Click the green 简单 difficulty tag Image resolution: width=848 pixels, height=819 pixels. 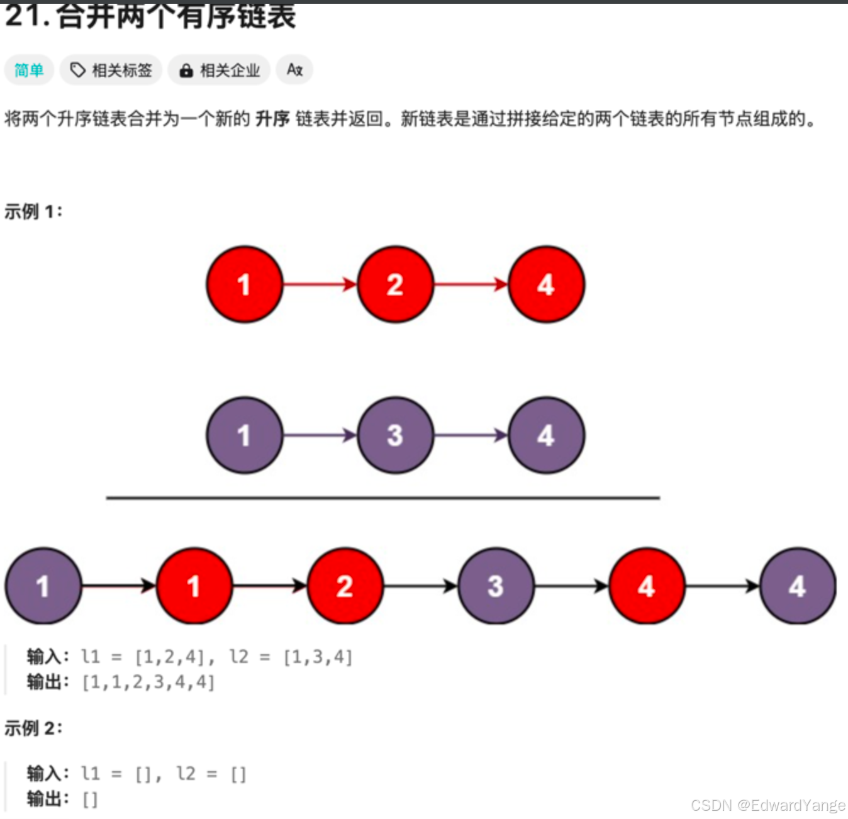[29, 70]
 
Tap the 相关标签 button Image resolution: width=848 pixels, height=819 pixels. [111, 70]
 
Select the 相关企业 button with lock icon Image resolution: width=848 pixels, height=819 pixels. [220, 70]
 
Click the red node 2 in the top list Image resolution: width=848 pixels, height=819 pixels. [395, 285]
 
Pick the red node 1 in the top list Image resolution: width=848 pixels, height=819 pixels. [244, 285]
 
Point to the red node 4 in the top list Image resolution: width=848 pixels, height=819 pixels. [546, 285]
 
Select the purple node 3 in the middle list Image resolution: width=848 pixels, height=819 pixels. [395, 435]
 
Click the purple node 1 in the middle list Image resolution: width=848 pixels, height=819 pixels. [244, 435]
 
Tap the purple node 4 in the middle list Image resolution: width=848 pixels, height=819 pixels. [546, 435]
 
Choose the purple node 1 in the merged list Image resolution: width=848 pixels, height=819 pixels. [43, 586]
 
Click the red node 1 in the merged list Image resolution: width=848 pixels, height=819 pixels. [194, 586]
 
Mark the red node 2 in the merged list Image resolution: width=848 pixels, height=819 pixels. [345, 586]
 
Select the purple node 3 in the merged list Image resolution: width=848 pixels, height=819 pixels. [496, 586]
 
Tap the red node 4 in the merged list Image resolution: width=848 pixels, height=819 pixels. [647, 586]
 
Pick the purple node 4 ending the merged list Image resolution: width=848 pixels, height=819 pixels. [798, 586]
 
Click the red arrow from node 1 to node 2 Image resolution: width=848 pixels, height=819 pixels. [320, 285]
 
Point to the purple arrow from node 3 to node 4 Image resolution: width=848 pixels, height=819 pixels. [471, 435]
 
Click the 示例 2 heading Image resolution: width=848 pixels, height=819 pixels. [33, 728]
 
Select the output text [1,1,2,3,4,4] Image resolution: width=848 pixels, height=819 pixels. [148, 682]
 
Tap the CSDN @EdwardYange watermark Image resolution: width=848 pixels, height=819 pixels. [767, 806]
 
